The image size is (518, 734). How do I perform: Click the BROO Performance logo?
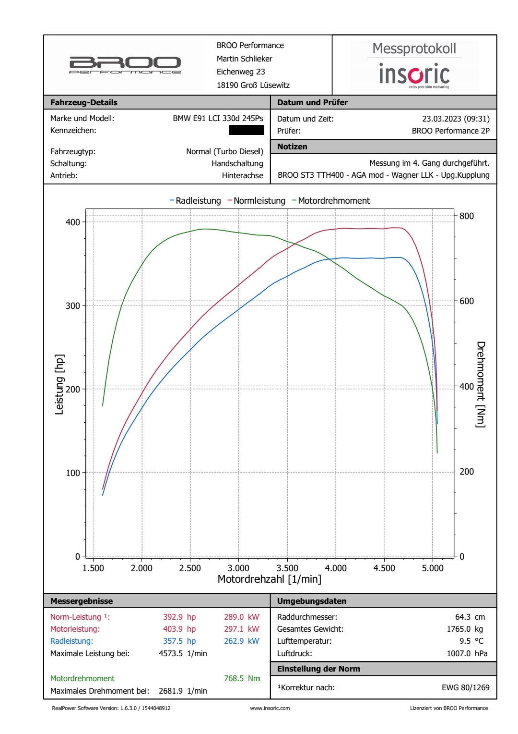125,65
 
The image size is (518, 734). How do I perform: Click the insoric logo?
414,75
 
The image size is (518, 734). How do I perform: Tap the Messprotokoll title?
414,49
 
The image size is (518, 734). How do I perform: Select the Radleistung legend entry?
195,201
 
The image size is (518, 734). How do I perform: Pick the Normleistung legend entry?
257,201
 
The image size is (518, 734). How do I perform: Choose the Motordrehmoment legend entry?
331,201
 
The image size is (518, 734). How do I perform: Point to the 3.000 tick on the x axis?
238,568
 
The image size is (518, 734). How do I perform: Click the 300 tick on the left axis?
73,306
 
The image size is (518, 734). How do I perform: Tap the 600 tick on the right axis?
466,301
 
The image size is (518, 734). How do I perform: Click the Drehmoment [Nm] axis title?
481,384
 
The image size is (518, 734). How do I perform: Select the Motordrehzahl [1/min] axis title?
270,579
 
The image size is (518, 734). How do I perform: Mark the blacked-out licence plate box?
246,130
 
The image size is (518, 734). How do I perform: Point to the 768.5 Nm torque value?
242,678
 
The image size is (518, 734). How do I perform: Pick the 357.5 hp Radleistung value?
179,641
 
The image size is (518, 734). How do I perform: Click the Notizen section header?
292,147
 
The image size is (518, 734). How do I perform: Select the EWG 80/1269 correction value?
465,687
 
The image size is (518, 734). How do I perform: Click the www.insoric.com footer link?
270,708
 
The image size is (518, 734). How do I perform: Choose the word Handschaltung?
237,163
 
